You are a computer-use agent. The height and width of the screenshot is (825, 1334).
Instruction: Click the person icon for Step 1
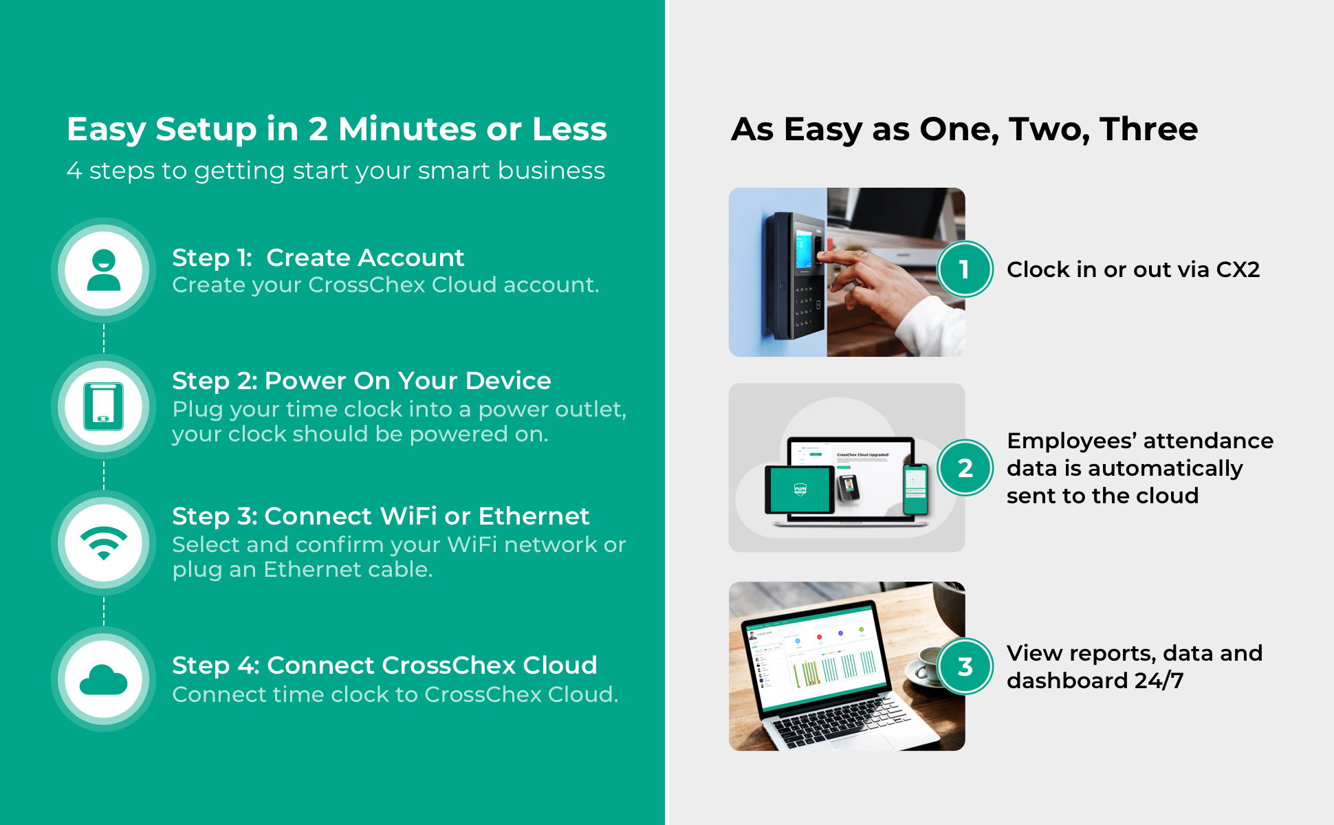[104, 270]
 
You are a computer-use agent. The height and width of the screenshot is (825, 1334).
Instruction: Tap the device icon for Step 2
[104, 406]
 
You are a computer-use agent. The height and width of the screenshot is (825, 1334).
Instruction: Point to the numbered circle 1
[965, 269]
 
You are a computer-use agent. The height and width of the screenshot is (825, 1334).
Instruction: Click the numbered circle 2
[965, 467]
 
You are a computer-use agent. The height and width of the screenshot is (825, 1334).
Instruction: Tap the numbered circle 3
[965, 666]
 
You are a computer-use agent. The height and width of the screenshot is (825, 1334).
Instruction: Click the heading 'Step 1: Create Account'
[318, 258]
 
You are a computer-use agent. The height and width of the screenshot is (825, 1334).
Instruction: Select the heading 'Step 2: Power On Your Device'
[362, 381]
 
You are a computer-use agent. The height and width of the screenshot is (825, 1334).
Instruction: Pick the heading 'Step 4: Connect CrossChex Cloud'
[384, 665]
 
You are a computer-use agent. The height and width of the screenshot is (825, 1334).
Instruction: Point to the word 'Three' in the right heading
[1148, 129]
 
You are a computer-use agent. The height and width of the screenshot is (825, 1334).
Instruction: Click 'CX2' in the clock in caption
[1238, 269]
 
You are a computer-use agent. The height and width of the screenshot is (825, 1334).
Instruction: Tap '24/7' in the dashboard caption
[1159, 681]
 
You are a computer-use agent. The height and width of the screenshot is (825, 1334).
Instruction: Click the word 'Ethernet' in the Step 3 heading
[534, 516]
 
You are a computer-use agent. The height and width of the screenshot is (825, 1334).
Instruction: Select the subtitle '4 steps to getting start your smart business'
[336, 170]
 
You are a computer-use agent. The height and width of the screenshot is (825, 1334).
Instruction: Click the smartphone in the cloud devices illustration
[915, 489]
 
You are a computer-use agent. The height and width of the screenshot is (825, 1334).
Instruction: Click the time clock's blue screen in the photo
[803, 248]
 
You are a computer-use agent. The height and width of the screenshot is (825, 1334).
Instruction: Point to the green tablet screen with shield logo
[800, 489]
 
